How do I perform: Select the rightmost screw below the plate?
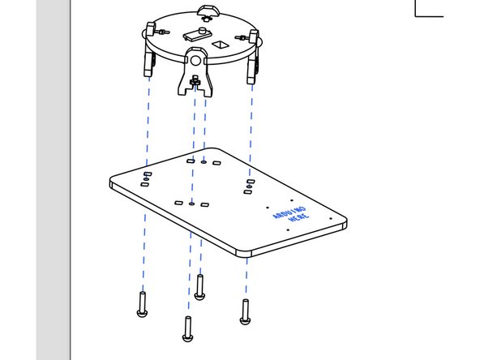(x=244, y=311)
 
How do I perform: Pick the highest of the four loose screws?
(x=199, y=285)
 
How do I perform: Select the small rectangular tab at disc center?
(x=195, y=34)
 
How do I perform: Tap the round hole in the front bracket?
(x=196, y=59)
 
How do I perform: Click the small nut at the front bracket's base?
(x=195, y=81)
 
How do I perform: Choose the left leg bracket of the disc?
(x=150, y=61)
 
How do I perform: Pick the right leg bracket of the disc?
(x=252, y=61)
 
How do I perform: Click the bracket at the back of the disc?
(x=208, y=11)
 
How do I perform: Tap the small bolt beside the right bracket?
(x=241, y=40)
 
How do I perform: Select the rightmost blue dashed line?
(x=250, y=122)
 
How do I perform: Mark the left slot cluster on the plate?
(x=146, y=179)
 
